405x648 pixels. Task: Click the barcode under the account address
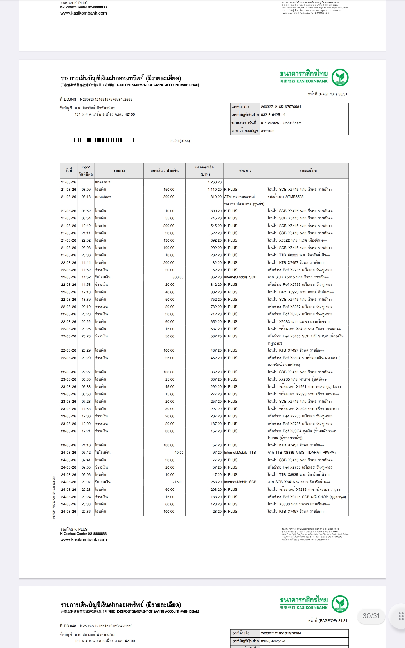click(104, 140)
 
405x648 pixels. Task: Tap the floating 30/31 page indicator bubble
click(371, 616)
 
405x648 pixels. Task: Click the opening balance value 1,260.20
click(214, 182)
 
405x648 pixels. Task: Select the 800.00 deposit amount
click(178, 277)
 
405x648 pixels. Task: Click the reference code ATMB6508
click(294, 197)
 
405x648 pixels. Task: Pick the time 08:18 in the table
click(86, 197)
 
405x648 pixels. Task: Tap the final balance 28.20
click(217, 512)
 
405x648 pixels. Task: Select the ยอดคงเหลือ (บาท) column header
click(204, 171)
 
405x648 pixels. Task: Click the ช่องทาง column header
click(245, 171)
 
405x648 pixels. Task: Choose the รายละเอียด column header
click(308, 171)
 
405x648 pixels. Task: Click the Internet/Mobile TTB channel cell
click(240, 453)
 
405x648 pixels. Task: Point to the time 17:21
click(86, 431)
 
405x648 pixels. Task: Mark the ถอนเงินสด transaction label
click(103, 197)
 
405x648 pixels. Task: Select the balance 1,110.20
click(214, 190)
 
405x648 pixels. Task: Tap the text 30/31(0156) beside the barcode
click(180, 141)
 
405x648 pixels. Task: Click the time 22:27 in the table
click(86, 372)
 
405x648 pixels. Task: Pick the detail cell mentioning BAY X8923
click(301, 292)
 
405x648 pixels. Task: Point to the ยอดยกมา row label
click(102, 182)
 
